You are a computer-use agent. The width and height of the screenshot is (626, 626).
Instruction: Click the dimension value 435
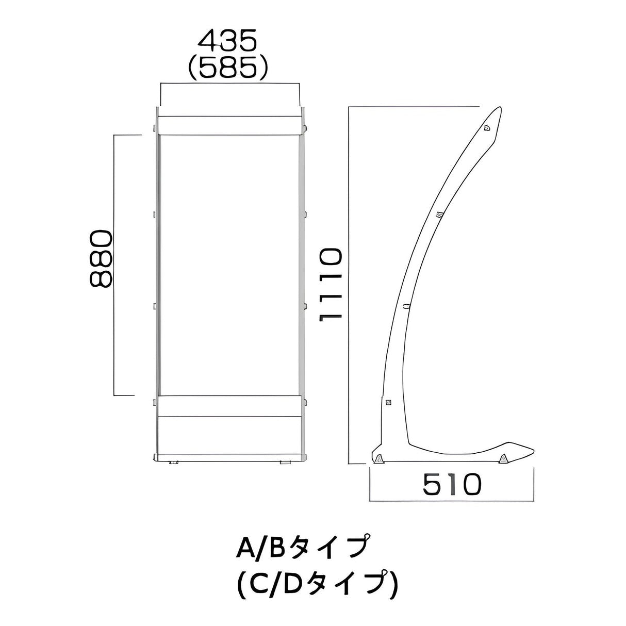(x=228, y=42)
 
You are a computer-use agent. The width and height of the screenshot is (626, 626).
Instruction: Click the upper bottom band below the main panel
(x=229, y=406)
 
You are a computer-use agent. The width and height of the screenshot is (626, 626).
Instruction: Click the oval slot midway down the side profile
(x=407, y=306)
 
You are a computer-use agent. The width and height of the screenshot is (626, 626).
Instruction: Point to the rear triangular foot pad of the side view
(x=379, y=457)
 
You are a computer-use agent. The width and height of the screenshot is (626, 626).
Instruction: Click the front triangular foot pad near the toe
(x=503, y=457)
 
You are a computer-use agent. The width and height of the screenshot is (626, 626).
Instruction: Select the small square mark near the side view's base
(x=388, y=403)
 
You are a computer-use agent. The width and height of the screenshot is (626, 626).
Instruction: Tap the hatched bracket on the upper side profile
(x=439, y=215)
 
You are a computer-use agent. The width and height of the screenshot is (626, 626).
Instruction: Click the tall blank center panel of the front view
(x=229, y=263)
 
